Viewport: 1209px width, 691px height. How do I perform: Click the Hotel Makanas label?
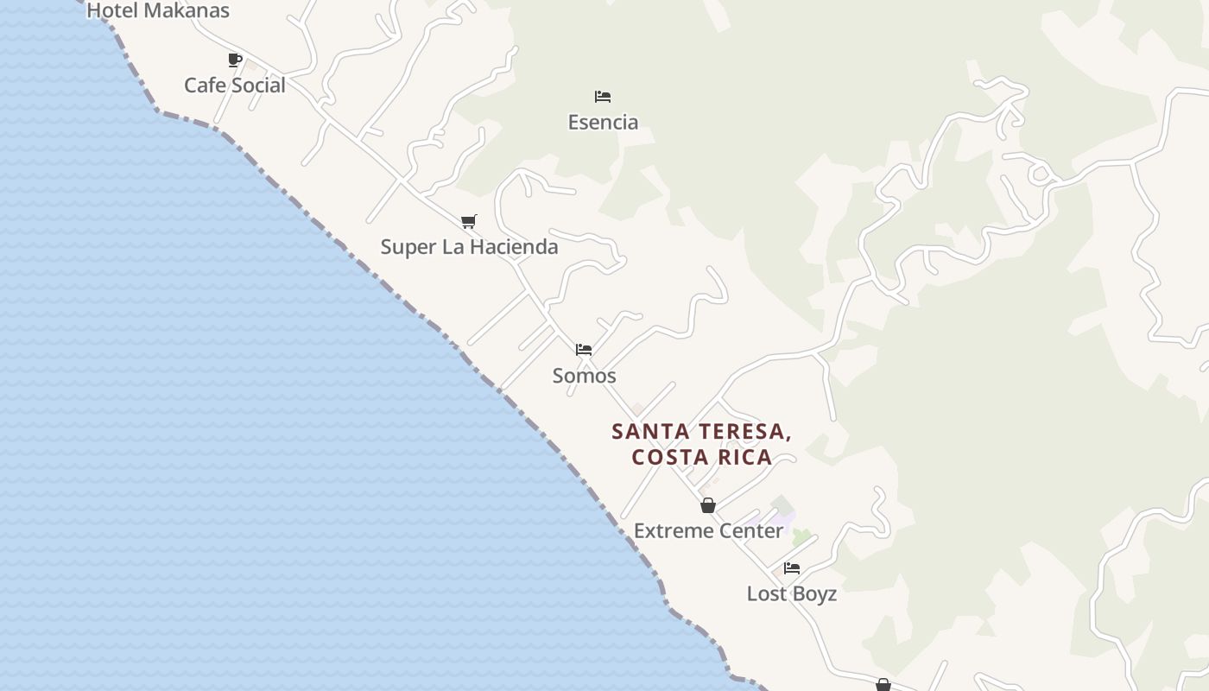(x=158, y=11)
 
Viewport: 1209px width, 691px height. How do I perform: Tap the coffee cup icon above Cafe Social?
(x=234, y=60)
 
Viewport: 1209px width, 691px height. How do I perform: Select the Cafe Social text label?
(x=234, y=86)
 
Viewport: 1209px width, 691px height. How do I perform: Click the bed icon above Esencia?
(x=603, y=97)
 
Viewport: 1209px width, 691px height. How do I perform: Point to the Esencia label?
(x=603, y=123)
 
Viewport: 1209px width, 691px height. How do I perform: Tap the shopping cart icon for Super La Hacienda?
(x=469, y=222)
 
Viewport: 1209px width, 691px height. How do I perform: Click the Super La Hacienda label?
(x=469, y=247)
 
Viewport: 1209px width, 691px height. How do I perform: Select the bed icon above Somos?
(x=584, y=350)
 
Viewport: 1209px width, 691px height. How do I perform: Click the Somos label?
(x=584, y=376)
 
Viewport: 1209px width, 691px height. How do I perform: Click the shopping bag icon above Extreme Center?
(x=708, y=505)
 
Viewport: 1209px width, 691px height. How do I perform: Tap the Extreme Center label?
(x=708, y=531)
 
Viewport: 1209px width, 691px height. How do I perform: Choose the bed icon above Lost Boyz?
(x=792, y=568)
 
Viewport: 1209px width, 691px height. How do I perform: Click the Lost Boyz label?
(x=792, y=594)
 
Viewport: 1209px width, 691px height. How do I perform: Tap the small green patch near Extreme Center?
(x=801, y=537)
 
